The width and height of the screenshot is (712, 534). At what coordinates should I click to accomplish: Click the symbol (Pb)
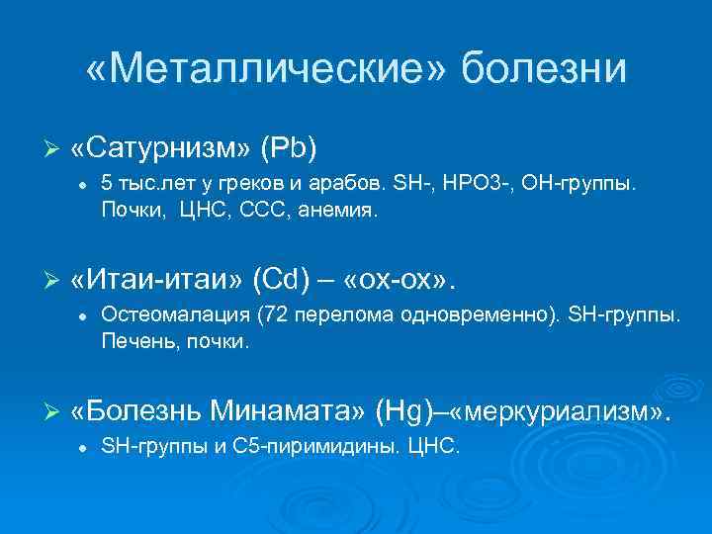288,147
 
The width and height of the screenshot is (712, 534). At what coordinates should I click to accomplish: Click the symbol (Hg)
410,409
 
